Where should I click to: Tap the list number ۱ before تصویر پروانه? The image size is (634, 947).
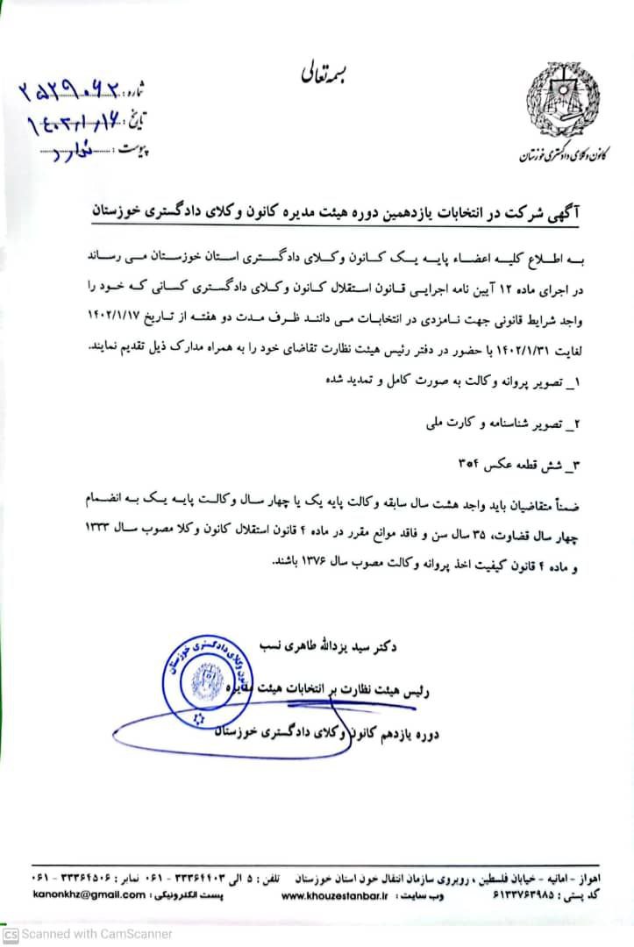pyautogui.click(x=581, y=382)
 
